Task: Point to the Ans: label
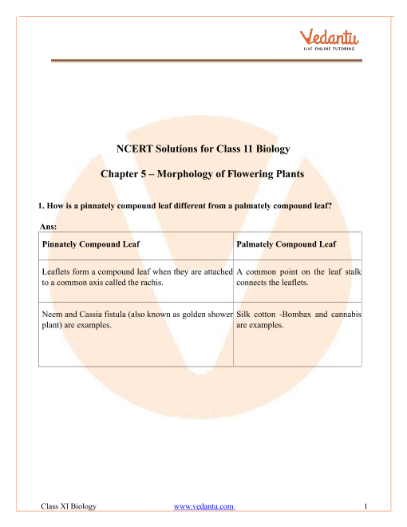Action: pos(37,227)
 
